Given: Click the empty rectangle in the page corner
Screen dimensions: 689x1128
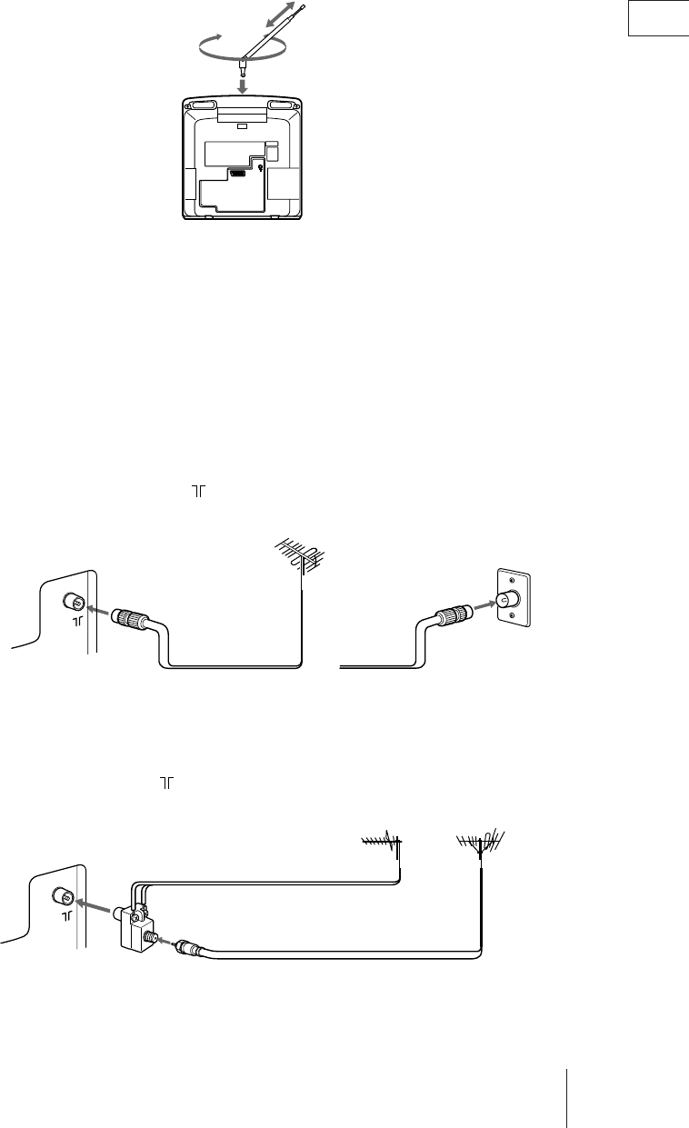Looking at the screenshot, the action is point(659,19).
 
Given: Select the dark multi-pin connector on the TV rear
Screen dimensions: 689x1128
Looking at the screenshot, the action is point(239,172).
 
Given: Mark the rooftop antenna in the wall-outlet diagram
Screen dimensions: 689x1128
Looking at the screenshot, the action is point(300,559).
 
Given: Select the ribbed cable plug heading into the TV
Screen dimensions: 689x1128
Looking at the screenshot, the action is point(131,621).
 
